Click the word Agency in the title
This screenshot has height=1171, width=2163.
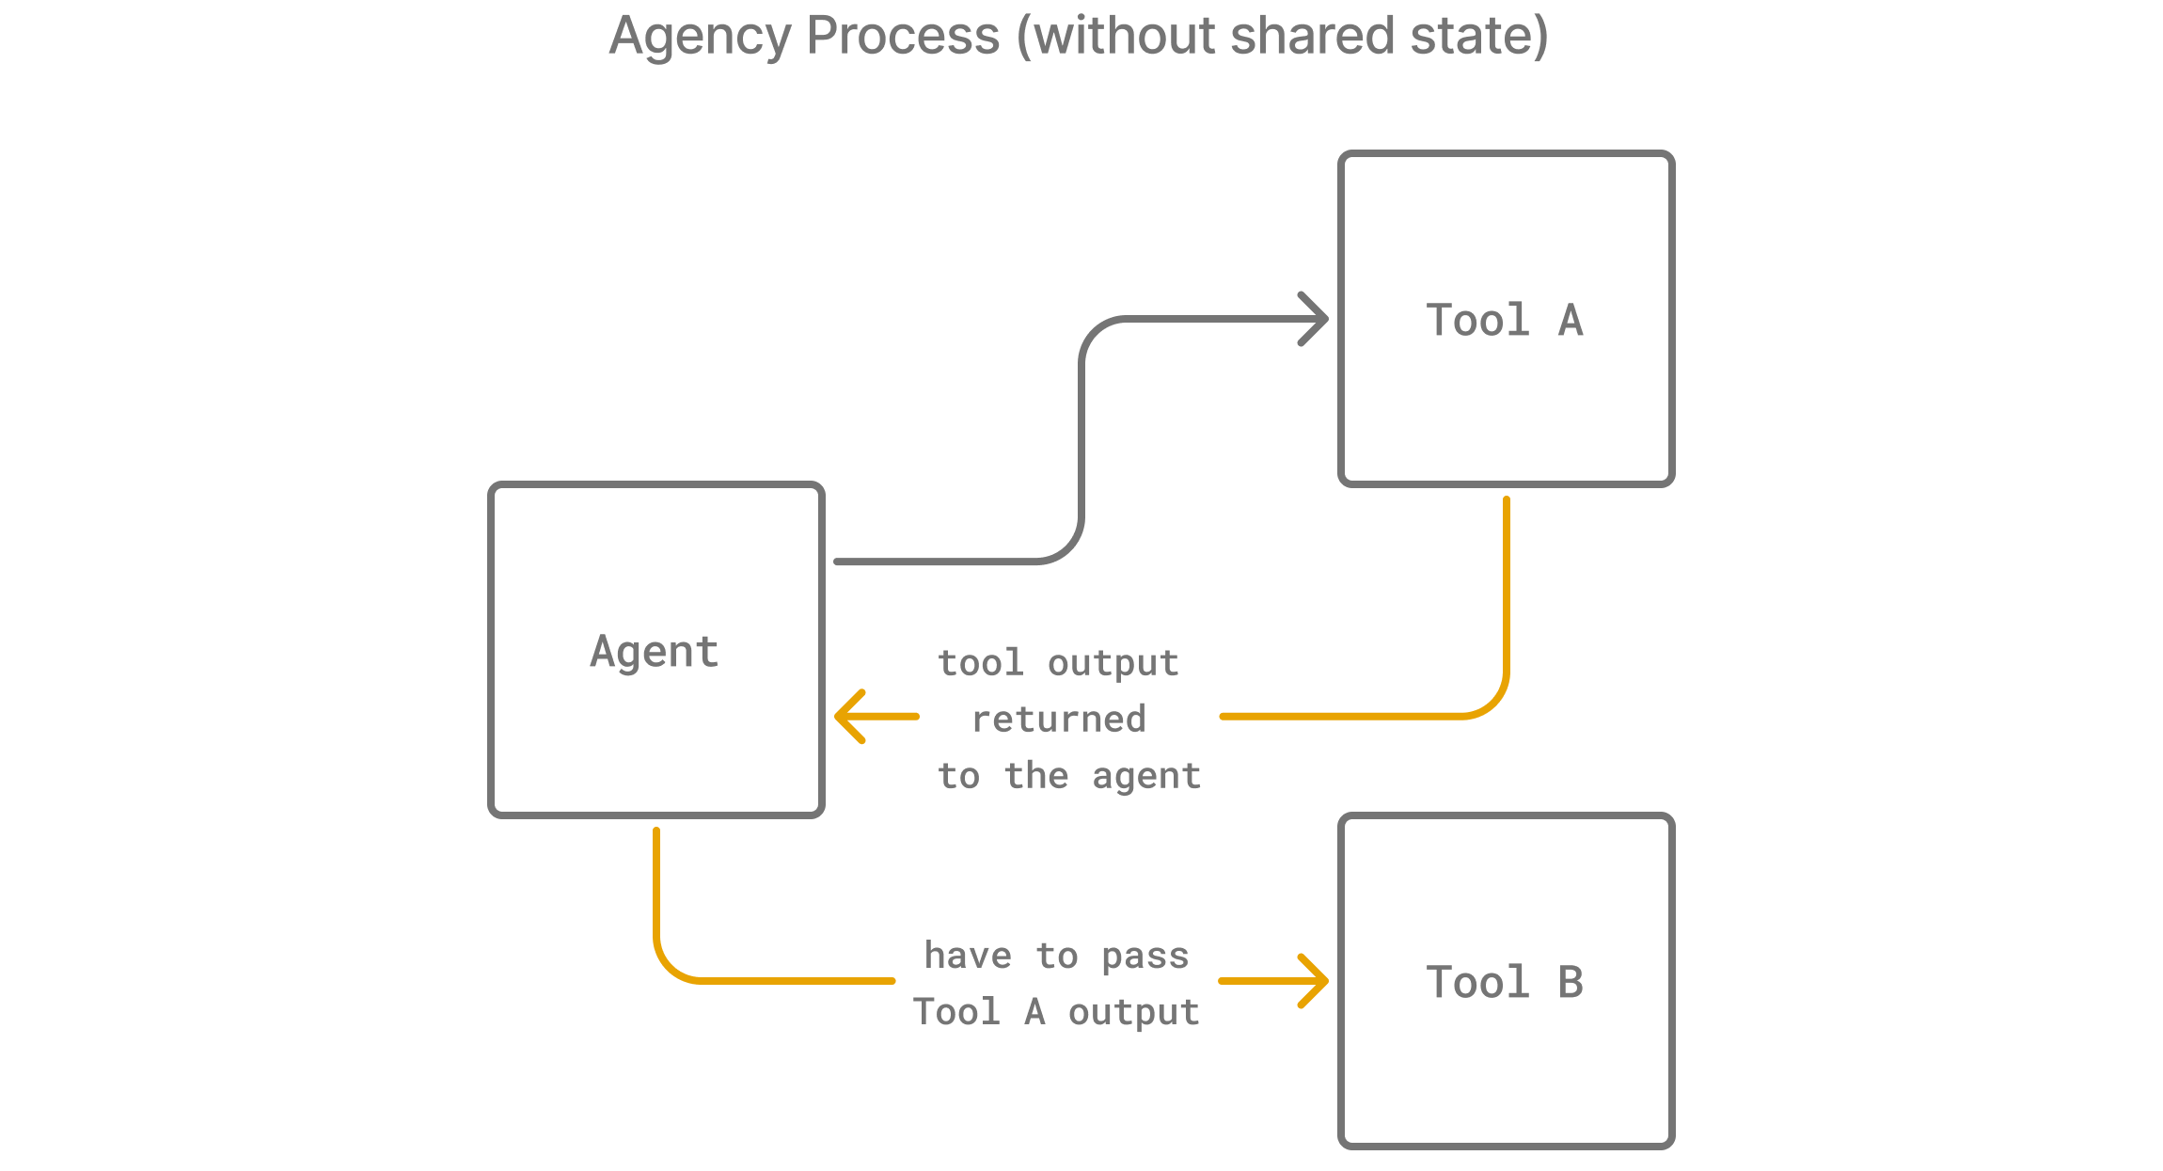coord(700,38)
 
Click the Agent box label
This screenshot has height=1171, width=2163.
coord(655,652)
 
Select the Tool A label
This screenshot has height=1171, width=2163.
coord(1505,321)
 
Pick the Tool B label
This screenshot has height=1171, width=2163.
coord(1505,983)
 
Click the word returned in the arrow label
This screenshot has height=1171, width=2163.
coord(1058,720)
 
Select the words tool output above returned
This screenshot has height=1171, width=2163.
coord(1058,663)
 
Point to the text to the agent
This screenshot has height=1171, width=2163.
coord(1069,777)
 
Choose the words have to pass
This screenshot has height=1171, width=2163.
coord(1056,956)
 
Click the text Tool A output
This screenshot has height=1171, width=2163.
coord(1056,1012)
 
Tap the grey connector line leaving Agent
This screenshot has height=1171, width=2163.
coord(940,562)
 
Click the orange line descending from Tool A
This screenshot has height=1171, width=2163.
coord(1507,602)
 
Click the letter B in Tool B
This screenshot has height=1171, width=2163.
coord(1571,983)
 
